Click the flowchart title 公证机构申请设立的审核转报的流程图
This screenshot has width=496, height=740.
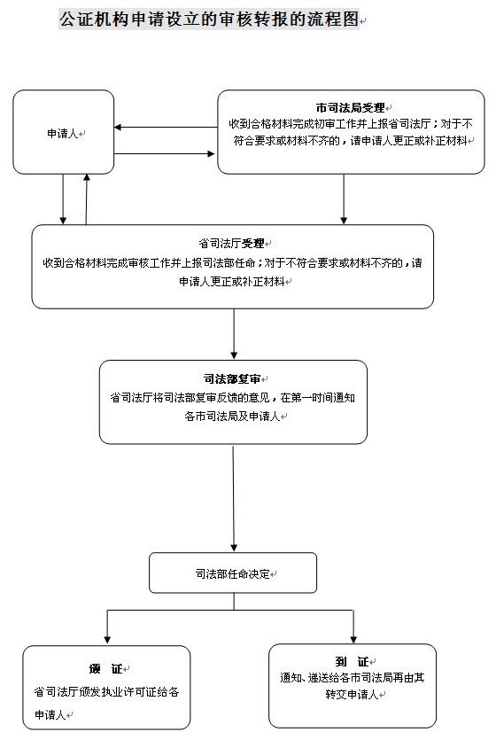coord(209,19)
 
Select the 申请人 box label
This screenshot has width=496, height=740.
coord(62,134)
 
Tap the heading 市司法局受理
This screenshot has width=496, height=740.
coord(351,108)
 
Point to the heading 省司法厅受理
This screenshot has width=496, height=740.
coord(231,244)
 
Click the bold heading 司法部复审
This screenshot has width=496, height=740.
coord(232,379)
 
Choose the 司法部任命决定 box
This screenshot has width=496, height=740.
coord(233,573)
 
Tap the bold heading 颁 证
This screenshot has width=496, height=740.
coord(105,669)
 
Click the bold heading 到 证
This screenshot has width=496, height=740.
coord(352,662)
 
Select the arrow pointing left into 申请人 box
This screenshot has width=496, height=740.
coord(166,127)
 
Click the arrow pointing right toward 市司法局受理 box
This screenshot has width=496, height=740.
coord(165,153)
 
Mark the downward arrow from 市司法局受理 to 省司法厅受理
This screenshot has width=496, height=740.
coord(344,199)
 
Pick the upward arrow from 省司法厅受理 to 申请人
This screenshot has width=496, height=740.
coord(86,199)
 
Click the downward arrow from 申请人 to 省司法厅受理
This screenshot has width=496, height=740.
coord(63,199)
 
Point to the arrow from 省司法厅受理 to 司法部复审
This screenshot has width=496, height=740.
coord(234,334)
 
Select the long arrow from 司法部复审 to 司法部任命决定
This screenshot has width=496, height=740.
coord(233,498)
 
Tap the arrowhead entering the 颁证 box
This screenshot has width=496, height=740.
coord(107,640)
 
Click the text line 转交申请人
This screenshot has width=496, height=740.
coord(352,695)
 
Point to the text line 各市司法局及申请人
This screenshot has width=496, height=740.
coord(232,417)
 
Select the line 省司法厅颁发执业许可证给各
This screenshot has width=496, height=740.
coord(106,692)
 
